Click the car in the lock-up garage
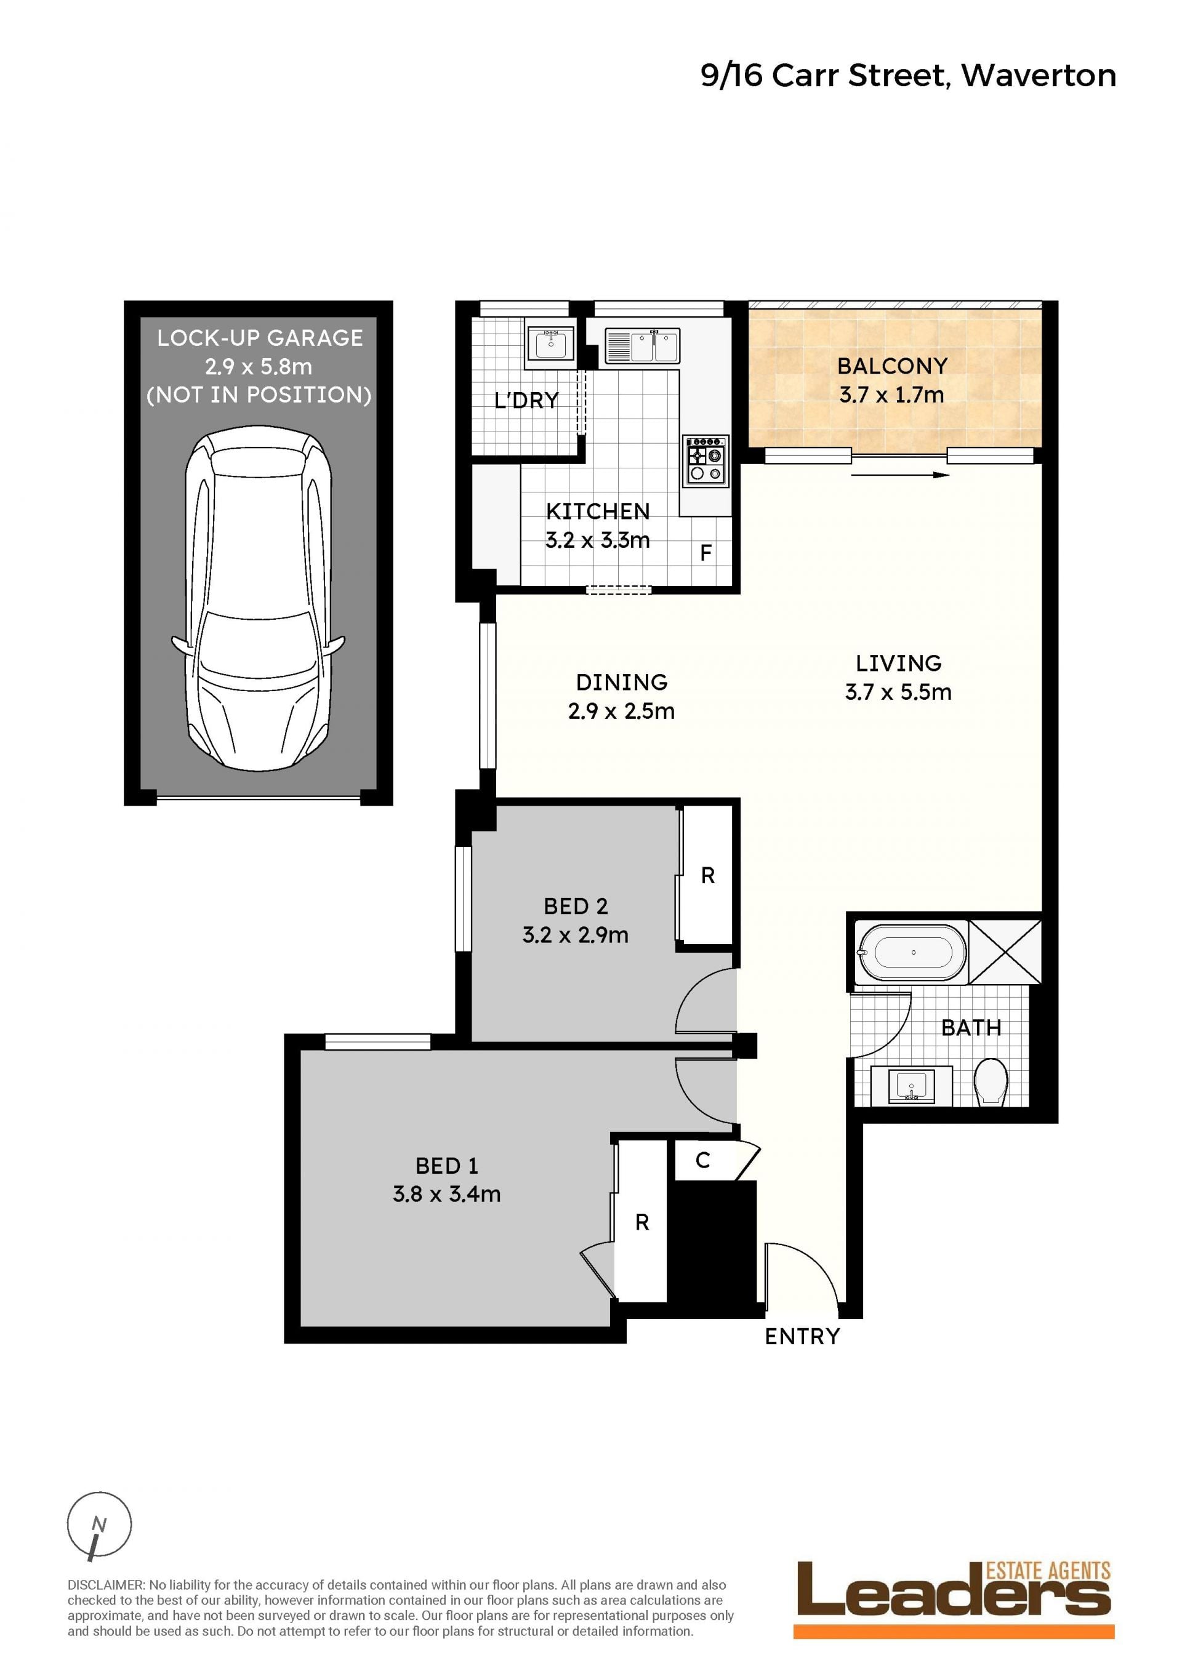click(x=259, y=598)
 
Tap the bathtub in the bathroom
click(x=913, y=952)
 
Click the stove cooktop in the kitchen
click(x=706, y=461)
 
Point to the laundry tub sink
click(x=550, y=342)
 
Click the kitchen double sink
click(x=643, y=346)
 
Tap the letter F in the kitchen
click(x=706, y=553)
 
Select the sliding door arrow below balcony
click(x=900, y=475)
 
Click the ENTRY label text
click(x=802, y=1336)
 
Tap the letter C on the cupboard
click(x=702, y=1160)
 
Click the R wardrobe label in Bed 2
click(x=707, y=876)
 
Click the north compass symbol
click(x=99, y=1525)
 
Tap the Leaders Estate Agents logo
click(x=954, y=1599)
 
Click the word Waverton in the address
click(x=1039, y=75)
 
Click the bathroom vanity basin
click(x=911, y=1086)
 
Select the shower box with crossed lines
click(x=1005, y=952)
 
